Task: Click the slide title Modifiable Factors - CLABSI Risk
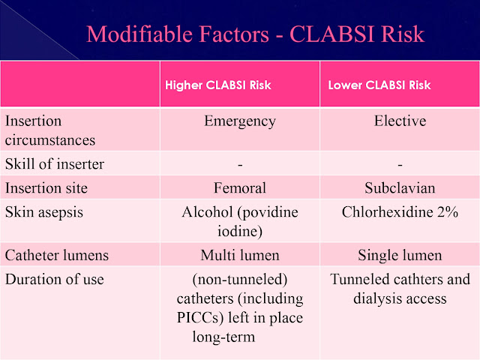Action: coord(255,33)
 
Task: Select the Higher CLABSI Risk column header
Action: coord(218,85)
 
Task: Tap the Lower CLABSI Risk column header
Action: coord(379,85)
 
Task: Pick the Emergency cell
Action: coord(239,121)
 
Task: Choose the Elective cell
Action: coord(400,121)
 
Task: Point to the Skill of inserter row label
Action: coord(55,164)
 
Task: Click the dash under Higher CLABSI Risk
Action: coord(239,164)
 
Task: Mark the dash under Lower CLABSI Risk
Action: coord(400,164)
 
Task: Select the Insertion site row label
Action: coord(45,187)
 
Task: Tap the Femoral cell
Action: coord(239,187)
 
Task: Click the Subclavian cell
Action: coord(400,187)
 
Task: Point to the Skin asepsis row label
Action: coord(43,212)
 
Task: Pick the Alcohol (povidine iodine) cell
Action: coord(239,221)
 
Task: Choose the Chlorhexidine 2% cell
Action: coord(400,212)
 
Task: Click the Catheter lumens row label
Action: coord(57,255)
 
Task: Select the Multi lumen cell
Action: coord(239,255)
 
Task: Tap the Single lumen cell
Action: coord(400,255)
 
